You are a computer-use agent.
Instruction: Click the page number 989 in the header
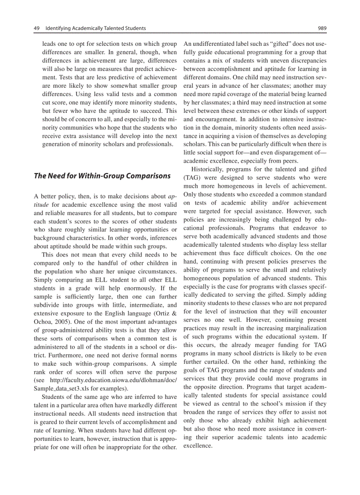pyautogui.click(x=322, y=29)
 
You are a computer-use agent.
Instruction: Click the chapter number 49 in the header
pyautogui.click(x=37, y=29)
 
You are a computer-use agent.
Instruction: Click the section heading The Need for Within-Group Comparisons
pyautogui.click(x=102, y=176)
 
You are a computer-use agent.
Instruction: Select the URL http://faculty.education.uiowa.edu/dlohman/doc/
pyautogui.click(x=111, y=380)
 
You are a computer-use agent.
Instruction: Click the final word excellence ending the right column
pyautogui.click(x=198, y=446)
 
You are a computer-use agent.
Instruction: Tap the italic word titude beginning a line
pyautogui.click(x=41, y=205)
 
